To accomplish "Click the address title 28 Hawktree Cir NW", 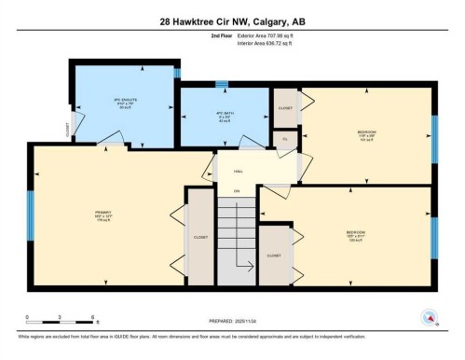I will (x=232, y=20).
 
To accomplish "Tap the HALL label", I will (x=238, y=171).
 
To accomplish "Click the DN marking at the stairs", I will (x=237, y=191).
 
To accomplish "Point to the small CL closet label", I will (x=284, y=138).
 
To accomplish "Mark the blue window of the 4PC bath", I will (x=222, y=85).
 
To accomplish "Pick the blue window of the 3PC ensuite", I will (x=177, y=72).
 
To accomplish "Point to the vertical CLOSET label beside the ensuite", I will (x=67, y=131).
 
